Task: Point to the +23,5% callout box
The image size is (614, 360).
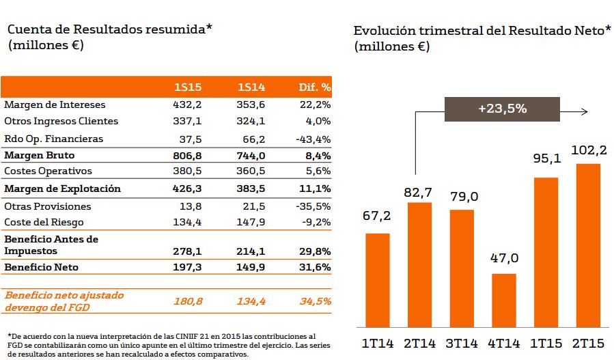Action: click(x=502, y=109)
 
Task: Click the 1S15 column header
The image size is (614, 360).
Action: click(x=187, y=87)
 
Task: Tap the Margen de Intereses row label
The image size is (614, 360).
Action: click(x=55, y=105)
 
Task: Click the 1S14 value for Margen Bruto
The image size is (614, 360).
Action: click(x=251, y=155)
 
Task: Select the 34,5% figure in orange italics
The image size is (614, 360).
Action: click(x=316, y=301)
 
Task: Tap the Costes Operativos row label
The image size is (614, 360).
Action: click(x=48, y=171)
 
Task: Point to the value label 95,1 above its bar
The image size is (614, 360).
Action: click(x=546, y=159)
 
